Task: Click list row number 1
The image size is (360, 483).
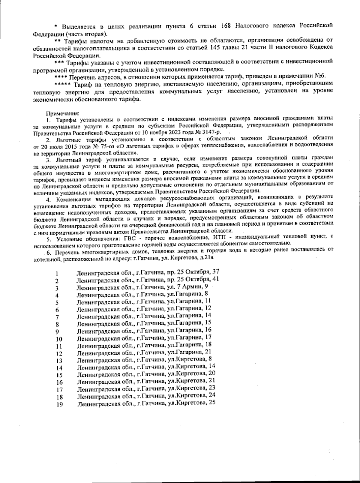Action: [x=57, y=274]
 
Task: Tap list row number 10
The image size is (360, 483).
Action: [x=58, y=339]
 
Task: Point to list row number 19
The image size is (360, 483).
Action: [x=59, y=405]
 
